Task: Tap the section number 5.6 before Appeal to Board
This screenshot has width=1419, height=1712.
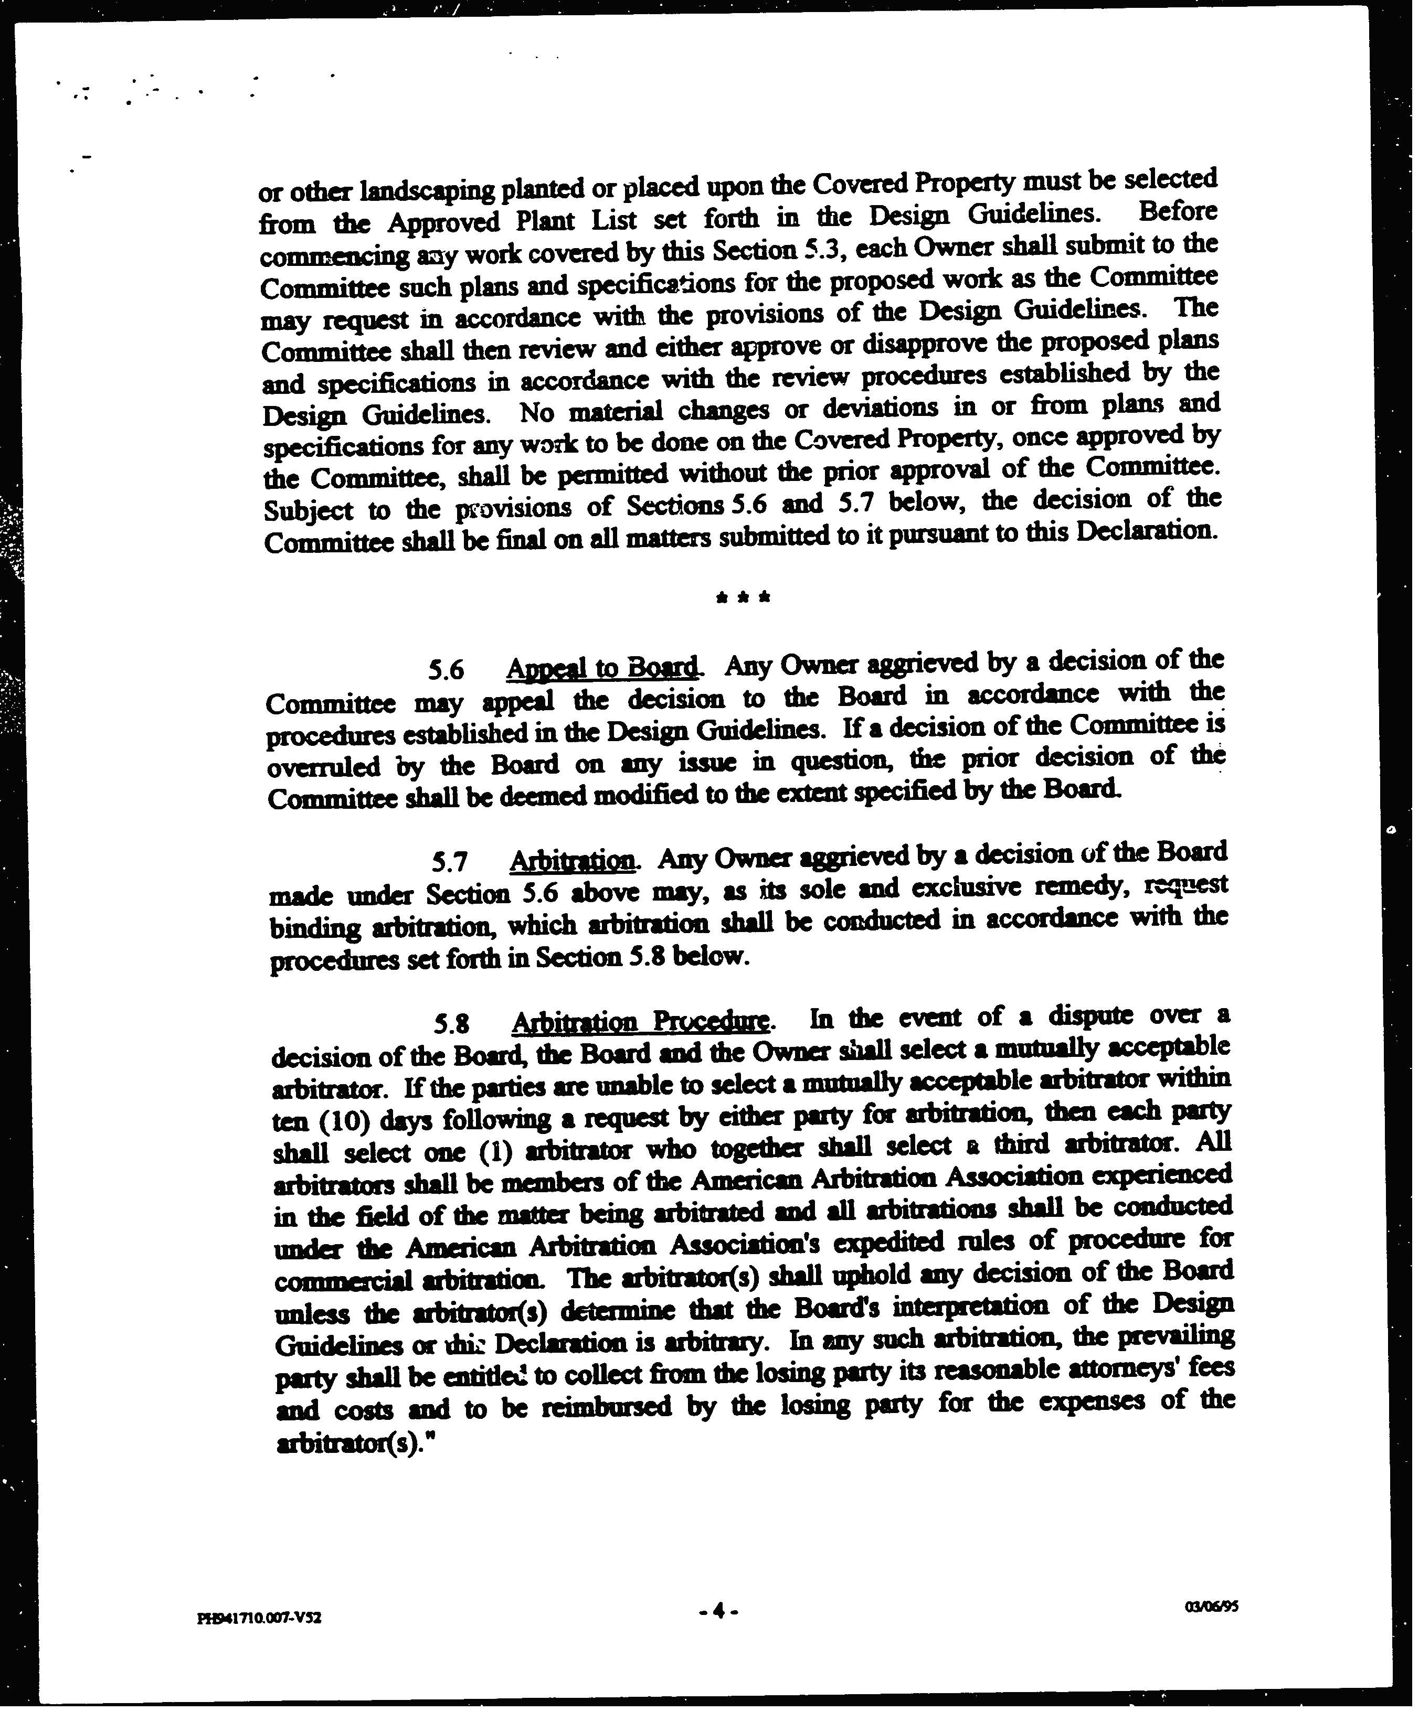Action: [445, 670]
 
